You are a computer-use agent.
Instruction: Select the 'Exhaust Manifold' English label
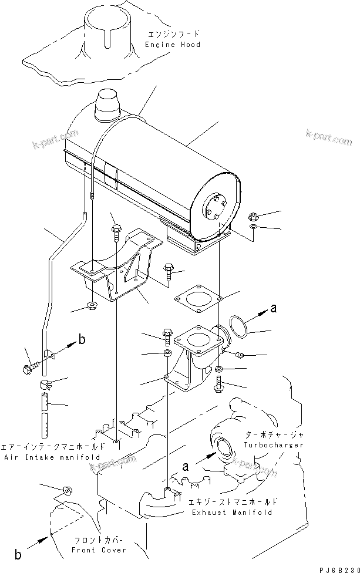coord(232,513)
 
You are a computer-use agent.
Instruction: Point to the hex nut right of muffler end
coord(253,215)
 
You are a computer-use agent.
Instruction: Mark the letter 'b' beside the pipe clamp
coord(82,339)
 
